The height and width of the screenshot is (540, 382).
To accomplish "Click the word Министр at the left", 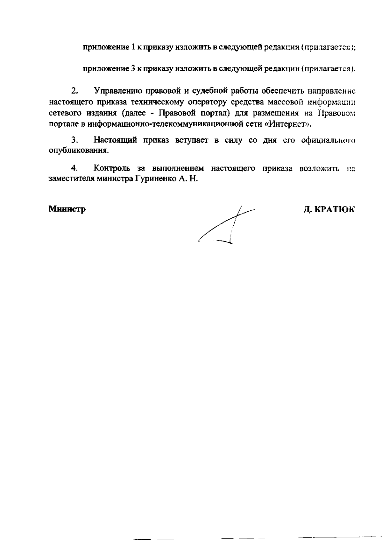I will (67, 209).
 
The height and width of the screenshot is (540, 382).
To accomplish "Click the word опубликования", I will (78, 151).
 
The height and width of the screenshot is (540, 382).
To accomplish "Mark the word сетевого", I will (65, 113).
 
